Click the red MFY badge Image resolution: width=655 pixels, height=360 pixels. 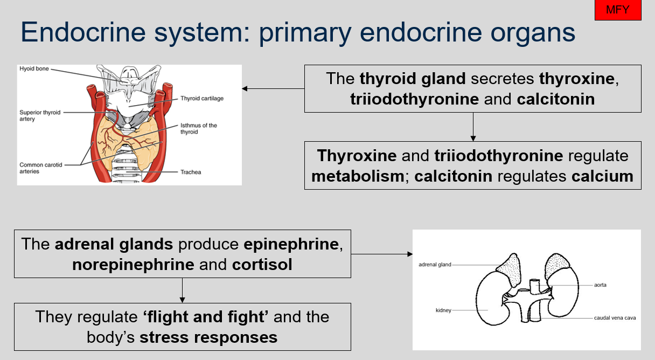point(618,10)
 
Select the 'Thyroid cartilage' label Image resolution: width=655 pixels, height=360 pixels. point(202,99)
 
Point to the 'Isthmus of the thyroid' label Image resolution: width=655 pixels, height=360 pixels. point(199,129)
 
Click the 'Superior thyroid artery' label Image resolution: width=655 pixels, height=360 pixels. point(40,115)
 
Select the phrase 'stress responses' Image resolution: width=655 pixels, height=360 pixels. point(208,337)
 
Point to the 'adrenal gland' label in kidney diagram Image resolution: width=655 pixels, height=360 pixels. point(435,265)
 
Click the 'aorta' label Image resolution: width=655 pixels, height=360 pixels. point(600,285)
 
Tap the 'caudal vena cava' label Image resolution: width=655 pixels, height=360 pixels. point(615,318)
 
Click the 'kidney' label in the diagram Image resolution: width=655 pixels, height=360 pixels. point(443,310)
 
